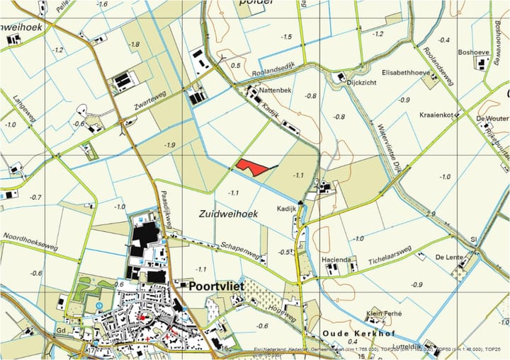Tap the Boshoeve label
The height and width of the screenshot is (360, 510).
coord(474,52)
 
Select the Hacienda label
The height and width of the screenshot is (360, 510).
coord(338,260)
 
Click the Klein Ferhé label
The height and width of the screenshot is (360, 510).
coord(383,313)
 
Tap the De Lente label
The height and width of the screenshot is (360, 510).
coord(450,256)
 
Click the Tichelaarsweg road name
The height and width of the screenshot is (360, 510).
coord(390,260)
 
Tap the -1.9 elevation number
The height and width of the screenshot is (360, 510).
coord(169,145)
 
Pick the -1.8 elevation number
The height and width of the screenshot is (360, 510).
coord(133,44)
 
